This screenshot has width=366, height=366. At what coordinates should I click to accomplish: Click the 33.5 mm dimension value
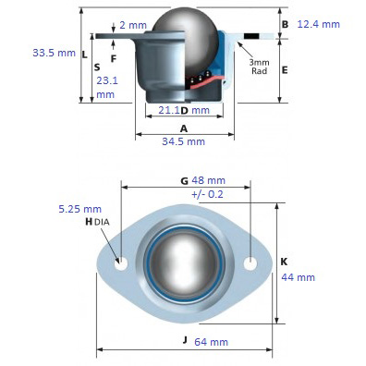coord(55,53)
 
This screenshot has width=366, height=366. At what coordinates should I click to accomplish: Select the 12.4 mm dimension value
coord(319,24)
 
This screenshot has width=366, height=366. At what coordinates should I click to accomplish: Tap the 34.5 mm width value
coord(184,141)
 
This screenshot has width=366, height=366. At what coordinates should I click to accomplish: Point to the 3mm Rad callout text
coord(259,67)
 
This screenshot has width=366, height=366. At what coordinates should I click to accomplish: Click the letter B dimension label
coord(286,24)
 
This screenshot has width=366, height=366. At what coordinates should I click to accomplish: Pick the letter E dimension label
coord(285,70)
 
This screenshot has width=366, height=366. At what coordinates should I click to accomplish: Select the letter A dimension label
coord(184,128)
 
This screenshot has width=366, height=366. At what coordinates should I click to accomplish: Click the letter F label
coord(114,58)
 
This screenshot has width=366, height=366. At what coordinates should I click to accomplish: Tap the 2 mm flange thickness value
coord(133,25)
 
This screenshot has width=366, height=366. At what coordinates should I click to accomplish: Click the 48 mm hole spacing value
coord(209,180)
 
